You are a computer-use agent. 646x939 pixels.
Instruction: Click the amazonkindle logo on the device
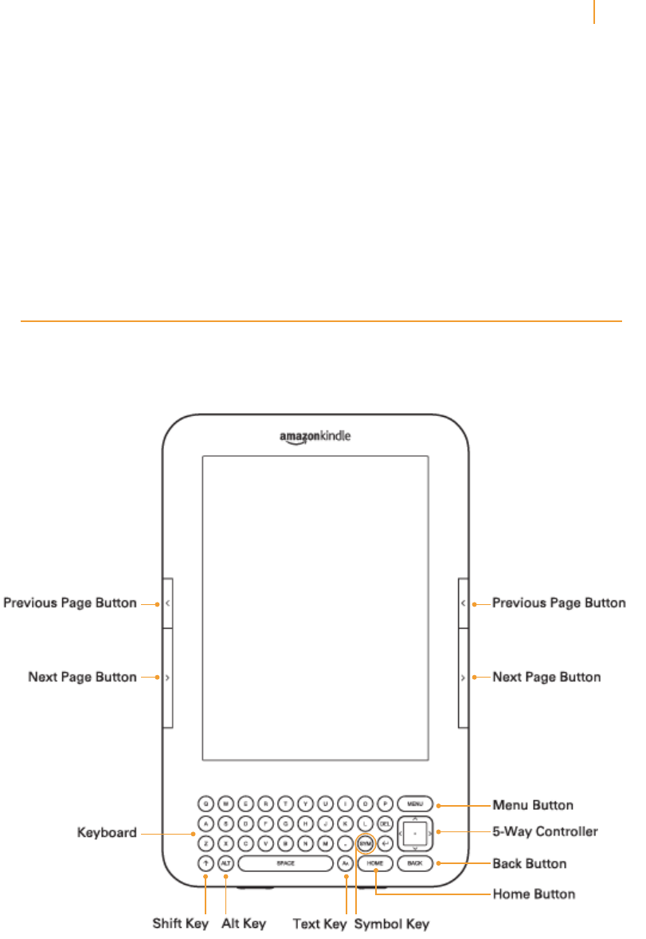[x=315, y=437]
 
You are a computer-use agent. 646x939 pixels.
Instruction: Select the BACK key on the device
[x=414, y=863]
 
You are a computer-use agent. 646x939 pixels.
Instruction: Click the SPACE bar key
[x=285, y=863]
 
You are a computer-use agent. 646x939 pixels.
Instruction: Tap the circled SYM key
[x=365, y=843]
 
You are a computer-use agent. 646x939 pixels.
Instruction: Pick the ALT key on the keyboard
[x=225, y=863]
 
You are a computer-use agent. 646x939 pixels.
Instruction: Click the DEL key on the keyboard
[x=385, y=823]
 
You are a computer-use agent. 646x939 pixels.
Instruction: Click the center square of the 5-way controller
[x=414, y=833]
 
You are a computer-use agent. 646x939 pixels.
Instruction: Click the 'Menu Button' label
[x=533, y=805]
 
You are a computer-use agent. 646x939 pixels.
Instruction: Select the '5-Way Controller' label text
[x=545, y=831]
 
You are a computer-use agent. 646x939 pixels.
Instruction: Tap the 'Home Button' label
[x=534, y=894]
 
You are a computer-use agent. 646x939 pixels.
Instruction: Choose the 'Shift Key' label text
[x=181, y=924]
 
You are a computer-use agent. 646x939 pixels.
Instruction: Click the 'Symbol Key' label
[x=391, y=924]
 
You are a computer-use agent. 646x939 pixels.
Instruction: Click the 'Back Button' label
[x=530, y=863]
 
